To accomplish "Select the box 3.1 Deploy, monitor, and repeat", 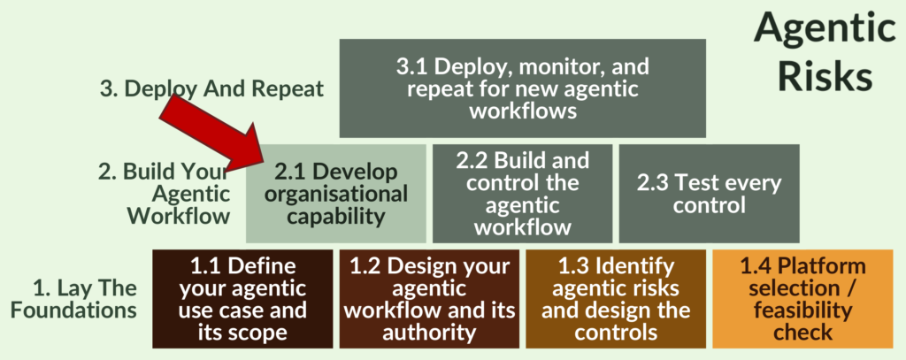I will click(522, 88).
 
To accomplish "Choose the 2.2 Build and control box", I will click(521, 194).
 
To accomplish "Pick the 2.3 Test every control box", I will click(709, 194).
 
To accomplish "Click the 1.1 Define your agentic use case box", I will click(242, 299).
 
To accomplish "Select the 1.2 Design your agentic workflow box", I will click(429, 299).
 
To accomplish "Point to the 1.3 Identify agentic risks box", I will click(616, 299).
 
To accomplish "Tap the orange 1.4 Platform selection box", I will click(802, 299).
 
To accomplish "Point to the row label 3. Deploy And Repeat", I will click(211, 88).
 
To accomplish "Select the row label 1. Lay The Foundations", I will click(85, 299).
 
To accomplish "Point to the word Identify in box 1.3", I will click(632, 265).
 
